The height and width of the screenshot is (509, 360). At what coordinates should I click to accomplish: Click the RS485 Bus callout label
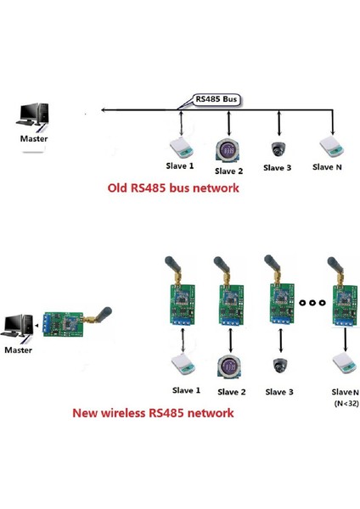[216, 98]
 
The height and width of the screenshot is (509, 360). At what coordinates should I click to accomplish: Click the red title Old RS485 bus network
[172, 188]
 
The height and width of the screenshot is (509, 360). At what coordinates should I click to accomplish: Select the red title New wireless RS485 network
[152, 414]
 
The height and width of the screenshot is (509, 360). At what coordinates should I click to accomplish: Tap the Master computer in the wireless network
[20, 327]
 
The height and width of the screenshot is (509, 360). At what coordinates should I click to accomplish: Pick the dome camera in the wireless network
[278, 366]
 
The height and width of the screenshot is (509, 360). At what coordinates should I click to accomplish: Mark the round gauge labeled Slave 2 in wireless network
[228, 366]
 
